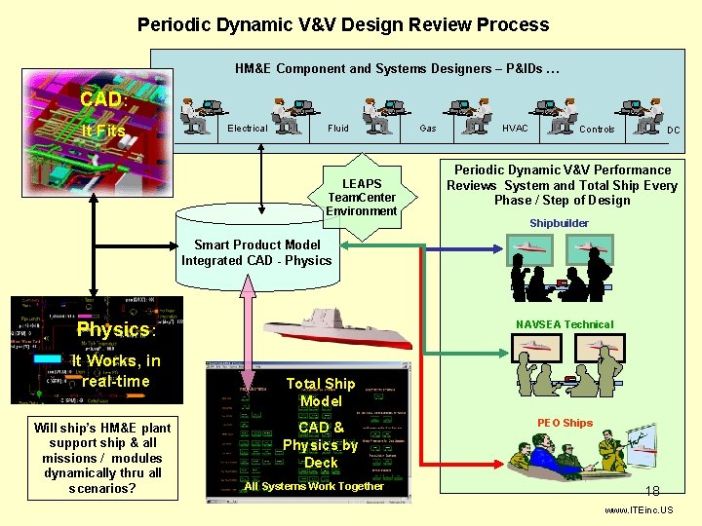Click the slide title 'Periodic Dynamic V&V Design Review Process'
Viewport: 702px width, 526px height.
343,25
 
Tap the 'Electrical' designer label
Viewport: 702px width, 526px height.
247,129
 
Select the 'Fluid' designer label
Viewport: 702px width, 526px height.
338,129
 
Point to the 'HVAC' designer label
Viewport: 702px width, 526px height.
515,129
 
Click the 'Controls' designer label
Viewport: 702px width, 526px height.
597,130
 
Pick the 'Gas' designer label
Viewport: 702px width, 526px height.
427,129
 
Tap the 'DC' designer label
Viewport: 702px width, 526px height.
673,130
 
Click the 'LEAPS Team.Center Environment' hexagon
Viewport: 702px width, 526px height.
362,197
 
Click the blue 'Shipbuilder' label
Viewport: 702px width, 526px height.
559,223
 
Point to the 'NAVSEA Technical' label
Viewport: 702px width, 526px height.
565,324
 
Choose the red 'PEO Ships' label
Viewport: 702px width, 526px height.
565,423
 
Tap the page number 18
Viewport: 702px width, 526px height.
652,492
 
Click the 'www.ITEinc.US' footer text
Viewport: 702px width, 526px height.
638,510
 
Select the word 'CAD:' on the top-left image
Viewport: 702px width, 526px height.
101,99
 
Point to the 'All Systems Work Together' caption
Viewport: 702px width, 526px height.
314,486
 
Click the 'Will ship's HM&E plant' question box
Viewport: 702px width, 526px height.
101,457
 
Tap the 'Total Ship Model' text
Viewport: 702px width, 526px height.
321,393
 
